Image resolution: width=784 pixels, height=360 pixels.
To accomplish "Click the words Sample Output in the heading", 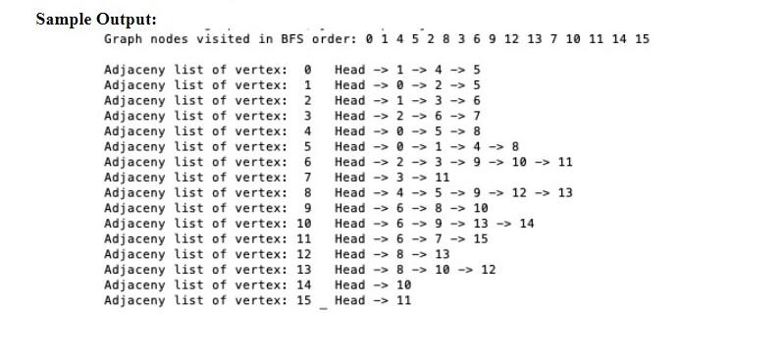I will pyautogui.click(x=95, y=19).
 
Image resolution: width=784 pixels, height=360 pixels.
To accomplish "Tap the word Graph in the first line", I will pyautogui.click(x=123, y=39).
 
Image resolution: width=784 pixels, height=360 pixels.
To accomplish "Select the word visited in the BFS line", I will pyautogui.click(x=223, y=39).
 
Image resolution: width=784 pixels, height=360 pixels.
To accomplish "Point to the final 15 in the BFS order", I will pyautogui.click(x=642, y=39).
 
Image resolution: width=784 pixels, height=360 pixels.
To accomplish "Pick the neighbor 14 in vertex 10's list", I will pyautogui.click(x=527, y=224).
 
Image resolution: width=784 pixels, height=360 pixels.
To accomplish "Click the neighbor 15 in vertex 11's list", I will pyautogui.click(x=481, y=238).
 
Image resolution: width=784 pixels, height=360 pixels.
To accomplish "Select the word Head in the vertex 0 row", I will pyautogui.click(x=349, y=70).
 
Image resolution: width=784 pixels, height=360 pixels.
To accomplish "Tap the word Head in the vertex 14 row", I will pyautogui.click(x=349, y=284).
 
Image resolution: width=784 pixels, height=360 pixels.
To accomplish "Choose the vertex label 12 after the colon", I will pyautogui.click(x=303, y=254).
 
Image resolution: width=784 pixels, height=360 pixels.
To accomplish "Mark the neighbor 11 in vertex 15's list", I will pyautogui.click(x=403, y=300).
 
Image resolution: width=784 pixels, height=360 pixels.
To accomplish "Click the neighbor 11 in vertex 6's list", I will pyautogui.click(x=565, y=162).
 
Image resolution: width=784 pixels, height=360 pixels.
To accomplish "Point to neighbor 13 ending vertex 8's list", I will pyautogui.click(x=565, y=192).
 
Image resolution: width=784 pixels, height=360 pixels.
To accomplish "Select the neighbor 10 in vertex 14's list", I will pyautogui.click(x=403, y=284).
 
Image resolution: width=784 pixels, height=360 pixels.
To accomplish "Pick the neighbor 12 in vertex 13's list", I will pyautogui.click(x=489, y=270).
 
